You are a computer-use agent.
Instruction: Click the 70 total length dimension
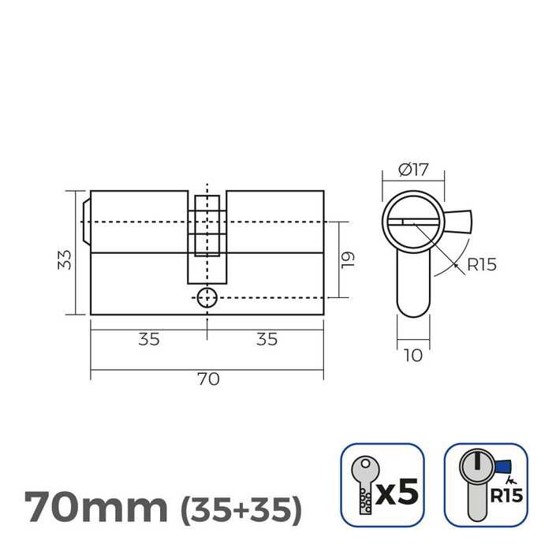(x=207, y=379)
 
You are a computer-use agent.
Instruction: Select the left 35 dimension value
(x=149, y=339)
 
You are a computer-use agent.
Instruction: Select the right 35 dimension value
(x=267, y=339)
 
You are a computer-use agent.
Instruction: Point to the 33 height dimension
(x=66, y=259)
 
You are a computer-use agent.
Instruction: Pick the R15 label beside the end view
(x=481, y=264)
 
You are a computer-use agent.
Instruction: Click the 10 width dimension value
(x=412, y=356)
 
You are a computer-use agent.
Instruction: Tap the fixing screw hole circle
(x=206, y=297)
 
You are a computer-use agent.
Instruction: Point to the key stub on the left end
(x=85, y=222)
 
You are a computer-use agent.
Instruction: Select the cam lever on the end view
(x=457, y=221)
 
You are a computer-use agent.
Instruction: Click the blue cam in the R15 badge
(x=498, y=468)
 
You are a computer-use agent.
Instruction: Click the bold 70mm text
(x=95, y=506)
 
